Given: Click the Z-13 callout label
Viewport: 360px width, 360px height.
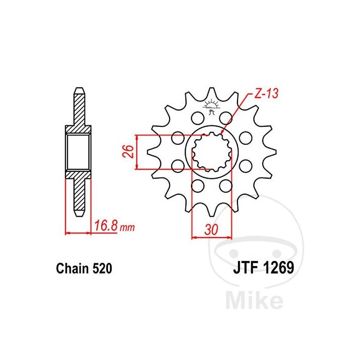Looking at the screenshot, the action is coord(266,94).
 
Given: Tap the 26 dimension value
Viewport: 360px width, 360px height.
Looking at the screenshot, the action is coord(130,152).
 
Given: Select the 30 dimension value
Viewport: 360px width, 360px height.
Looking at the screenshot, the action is coord(211,229).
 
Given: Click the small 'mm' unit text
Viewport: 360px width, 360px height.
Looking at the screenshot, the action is coord(127,228).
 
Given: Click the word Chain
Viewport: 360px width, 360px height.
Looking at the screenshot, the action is coord(72,268).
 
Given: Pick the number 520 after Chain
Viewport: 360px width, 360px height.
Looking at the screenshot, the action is coord(102,268).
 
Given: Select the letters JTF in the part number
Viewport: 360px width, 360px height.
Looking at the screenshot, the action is coord(244,268).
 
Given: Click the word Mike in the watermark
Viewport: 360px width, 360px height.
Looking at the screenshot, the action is coord(254,300).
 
